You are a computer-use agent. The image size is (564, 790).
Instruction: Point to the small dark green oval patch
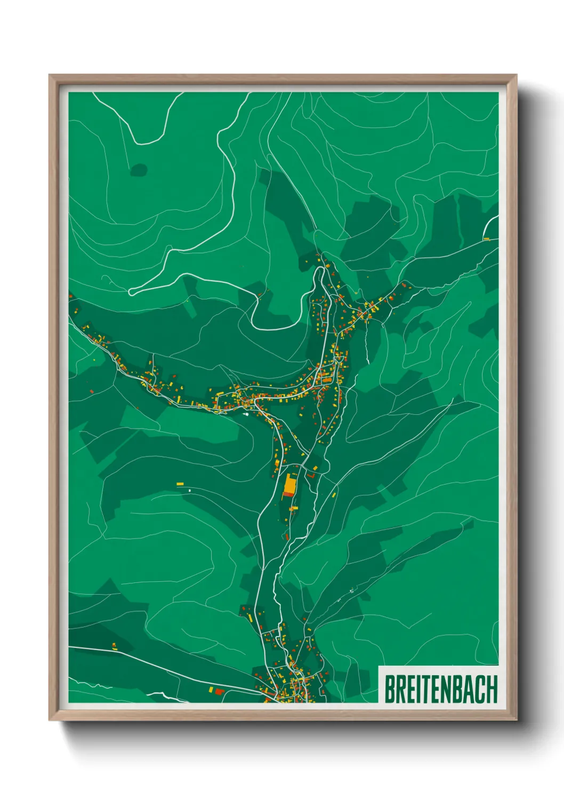pyautogui.click(x=139, y=170)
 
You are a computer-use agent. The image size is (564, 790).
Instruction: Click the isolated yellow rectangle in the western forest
pyautogui.click(x=180, y=484)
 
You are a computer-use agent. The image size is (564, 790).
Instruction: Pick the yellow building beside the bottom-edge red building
pyautogui.click(x=211, y=690)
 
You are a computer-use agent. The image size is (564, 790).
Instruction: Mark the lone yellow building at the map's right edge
pyautogui.click(x=486, y=239)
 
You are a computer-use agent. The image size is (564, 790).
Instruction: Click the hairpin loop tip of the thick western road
pyautogui.click(x=131, y=292)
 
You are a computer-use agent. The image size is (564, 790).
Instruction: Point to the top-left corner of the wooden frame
pyautogui.click(x=50, y=75)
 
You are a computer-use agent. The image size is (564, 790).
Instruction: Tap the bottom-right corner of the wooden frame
pyautogui.click(x=516, y=720)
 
